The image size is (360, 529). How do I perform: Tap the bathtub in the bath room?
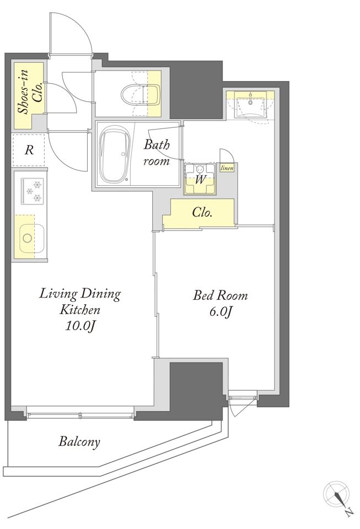(115, 154)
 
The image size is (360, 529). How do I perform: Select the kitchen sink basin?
(32, 238)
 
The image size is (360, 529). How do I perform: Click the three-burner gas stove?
(33, 191)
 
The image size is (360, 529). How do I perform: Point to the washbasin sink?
(250, 105)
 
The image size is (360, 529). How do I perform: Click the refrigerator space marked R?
(29, 150)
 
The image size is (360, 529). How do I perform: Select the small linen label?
(227, 168)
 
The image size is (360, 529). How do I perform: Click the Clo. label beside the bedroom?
(202, 213)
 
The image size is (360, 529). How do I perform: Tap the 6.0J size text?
(221, 312)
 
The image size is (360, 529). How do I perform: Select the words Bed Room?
(220, 296)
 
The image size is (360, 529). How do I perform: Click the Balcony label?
(79, 441)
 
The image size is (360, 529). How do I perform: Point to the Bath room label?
(157, 153)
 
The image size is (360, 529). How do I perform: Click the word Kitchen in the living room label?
(80, 309)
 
